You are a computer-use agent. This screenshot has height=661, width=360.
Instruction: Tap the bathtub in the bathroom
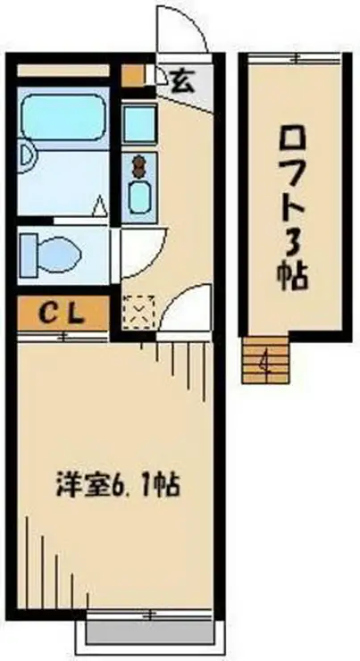coord(63,118)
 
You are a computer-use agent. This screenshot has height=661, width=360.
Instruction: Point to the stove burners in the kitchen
coord(139,164)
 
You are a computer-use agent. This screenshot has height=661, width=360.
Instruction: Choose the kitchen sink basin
coord(139,195)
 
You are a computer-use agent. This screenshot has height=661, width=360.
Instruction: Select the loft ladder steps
coord(265,363)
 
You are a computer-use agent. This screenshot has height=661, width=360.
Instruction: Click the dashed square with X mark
coord(138,311)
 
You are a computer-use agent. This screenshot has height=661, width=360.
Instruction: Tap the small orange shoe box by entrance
coord(132,75)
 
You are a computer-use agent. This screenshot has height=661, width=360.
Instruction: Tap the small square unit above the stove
coord(139,123)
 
